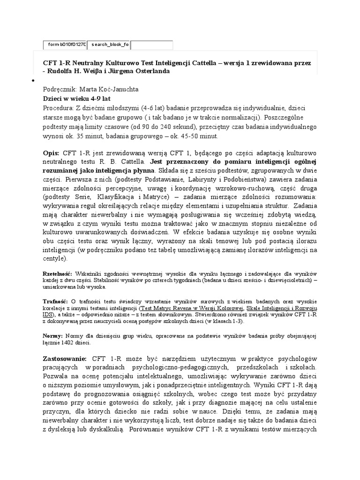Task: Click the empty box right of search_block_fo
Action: (x=151, y=45)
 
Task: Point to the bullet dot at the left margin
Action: (x=33, y=81)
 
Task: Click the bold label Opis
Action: (x=51, y=154)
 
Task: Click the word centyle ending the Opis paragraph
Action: (x=54, y=259)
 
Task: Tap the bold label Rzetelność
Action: (x=57, y=273)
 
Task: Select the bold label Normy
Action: (x=52, y=336)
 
